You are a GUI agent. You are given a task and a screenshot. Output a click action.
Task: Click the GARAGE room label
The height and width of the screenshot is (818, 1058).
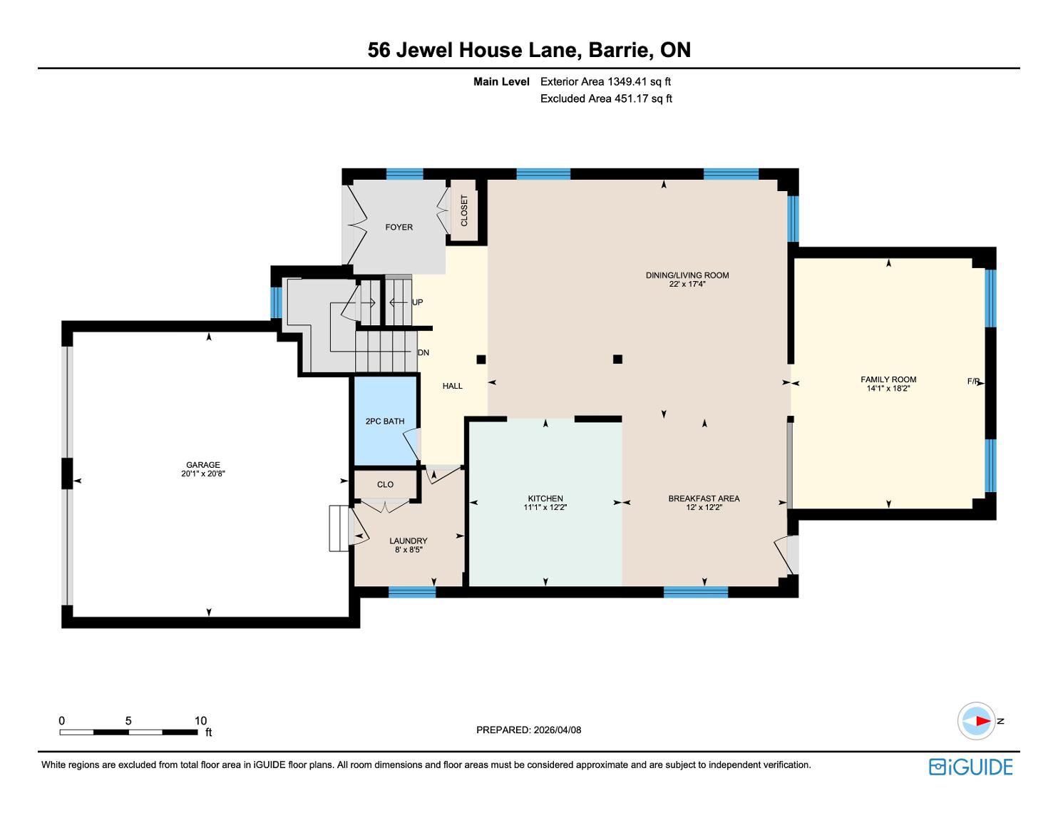pos(203,464)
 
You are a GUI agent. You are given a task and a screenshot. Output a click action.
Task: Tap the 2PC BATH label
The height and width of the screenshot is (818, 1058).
pos(385,421)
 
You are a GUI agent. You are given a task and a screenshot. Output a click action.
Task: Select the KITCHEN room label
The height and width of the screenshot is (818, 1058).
pos(545,498)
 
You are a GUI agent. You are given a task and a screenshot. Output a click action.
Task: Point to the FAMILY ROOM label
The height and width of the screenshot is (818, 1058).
pos(888,379)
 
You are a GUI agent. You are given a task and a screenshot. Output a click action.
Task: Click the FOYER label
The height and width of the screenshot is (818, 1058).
pos(399,227)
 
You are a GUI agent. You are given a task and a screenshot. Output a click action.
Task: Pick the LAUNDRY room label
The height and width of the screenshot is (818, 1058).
pos(408,541)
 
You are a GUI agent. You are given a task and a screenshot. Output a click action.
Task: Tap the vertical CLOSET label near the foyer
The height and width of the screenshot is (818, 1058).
pos(464,210)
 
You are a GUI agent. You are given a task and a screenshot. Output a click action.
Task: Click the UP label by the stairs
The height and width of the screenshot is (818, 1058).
pos(417,302)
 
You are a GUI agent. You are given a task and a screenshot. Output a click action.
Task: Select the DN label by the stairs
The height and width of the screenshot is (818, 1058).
pos(423,352)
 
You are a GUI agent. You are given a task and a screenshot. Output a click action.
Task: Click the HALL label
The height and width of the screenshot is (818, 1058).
pos(452,386)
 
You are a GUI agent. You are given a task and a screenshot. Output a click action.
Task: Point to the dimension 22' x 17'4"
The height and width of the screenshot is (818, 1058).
pos(687,284)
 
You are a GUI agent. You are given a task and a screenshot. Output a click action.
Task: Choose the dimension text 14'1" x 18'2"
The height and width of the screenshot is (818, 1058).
pos(888,389)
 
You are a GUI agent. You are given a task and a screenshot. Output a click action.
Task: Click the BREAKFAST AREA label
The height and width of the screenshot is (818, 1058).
pos(704,498)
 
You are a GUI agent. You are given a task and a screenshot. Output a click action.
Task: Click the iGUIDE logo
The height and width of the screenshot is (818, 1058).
pos(970,767)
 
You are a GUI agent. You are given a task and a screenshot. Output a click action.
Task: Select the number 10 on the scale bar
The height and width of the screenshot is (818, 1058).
pos(200,720)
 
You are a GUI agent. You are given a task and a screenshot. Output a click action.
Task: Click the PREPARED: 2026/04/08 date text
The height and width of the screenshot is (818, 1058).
pos(528,730)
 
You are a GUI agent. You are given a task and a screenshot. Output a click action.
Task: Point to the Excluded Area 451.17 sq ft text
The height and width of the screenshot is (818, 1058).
pos(606,98)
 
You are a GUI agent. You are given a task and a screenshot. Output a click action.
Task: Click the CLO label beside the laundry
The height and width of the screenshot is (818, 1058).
pos(385,484)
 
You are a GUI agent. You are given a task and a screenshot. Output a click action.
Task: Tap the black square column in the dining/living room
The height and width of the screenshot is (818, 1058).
pos(617,359)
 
